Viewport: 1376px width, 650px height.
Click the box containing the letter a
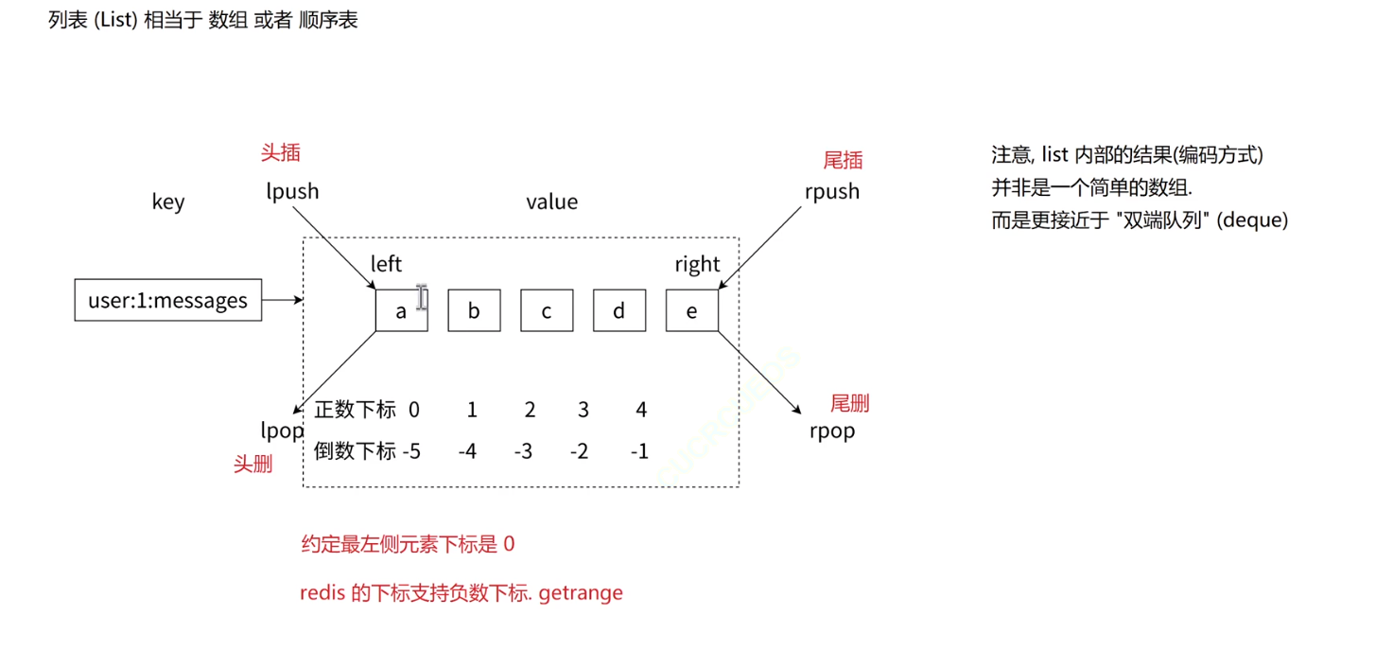401,310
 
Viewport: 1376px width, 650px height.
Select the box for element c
547,310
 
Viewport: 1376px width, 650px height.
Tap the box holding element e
691,310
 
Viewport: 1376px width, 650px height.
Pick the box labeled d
618,310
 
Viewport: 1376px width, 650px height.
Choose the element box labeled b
474,310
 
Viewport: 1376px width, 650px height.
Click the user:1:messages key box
167,301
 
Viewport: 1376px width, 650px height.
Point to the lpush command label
292,191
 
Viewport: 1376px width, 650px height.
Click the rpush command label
832,191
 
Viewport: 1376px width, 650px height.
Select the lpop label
282,430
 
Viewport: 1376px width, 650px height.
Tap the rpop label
832,430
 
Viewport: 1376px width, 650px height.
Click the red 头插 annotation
281,152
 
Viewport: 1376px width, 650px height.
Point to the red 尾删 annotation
849,404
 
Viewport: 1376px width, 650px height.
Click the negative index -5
411,451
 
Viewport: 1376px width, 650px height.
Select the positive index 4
641,410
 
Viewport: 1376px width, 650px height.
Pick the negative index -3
523,451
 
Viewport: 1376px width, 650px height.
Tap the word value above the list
551,202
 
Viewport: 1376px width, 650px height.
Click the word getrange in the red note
581,593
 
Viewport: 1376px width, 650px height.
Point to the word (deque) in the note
1252,220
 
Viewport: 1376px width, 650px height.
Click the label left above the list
386,264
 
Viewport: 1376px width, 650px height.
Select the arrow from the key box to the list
282,301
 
